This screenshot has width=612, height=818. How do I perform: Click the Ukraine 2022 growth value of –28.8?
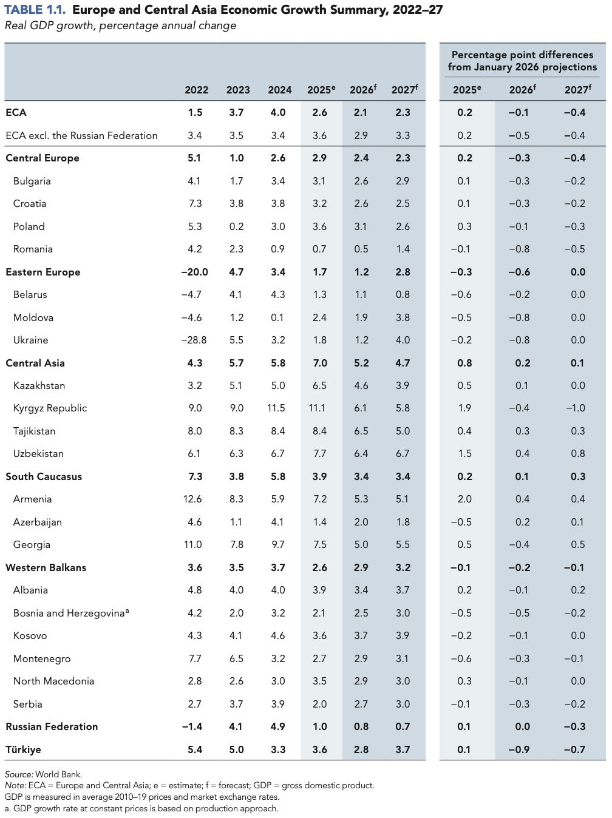(194, 340)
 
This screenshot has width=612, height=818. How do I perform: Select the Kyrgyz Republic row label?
(50, 408)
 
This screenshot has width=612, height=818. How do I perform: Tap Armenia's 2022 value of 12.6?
(192, 499)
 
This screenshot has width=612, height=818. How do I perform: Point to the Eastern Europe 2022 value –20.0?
(194, 272)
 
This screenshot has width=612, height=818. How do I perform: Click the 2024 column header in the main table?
(279, 90)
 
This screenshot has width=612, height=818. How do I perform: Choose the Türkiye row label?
(23, 749)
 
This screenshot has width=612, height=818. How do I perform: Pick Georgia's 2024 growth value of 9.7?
(278, 544)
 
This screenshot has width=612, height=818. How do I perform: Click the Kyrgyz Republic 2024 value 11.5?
(276, 408)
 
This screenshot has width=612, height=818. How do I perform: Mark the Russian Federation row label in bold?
(52, 726)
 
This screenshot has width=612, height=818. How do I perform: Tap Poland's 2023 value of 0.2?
(236, 226)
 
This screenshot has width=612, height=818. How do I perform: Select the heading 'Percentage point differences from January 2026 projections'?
(522, 61)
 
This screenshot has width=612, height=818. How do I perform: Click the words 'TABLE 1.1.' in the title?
(35, 10)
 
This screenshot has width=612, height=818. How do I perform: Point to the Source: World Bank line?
(43, 774)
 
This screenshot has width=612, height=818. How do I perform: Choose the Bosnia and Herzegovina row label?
(70, 613)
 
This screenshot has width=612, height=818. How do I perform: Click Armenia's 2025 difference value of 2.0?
(464, 499)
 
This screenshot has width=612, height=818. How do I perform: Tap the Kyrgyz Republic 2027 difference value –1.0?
(575, 408)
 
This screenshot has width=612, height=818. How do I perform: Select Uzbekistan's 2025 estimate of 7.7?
(319, 453)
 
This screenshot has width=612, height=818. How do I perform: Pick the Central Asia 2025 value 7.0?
(319, 363)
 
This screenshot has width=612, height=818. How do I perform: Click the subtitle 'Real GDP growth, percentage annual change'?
(120, 25)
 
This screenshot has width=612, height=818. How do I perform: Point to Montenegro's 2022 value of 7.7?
(195, 658)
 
